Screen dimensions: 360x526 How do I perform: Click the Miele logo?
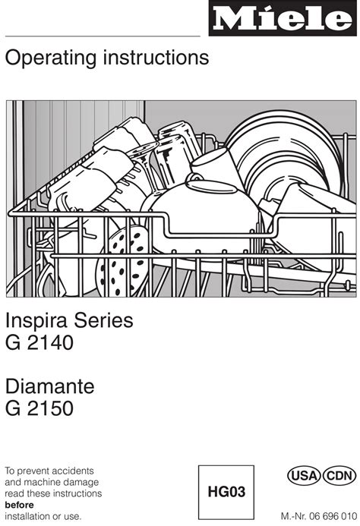[283, 18]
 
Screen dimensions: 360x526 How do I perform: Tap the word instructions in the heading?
[156, 57]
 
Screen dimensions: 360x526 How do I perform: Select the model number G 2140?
[39, 343]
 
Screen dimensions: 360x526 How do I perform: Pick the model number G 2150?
[39, 408]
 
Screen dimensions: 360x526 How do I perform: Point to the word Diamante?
[49, 386]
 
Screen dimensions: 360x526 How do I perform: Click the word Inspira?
[36, 321]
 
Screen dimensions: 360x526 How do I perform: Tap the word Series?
[103, 321]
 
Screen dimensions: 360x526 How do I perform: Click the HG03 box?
[226, 492]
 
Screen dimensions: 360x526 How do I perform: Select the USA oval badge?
[304, 476]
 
